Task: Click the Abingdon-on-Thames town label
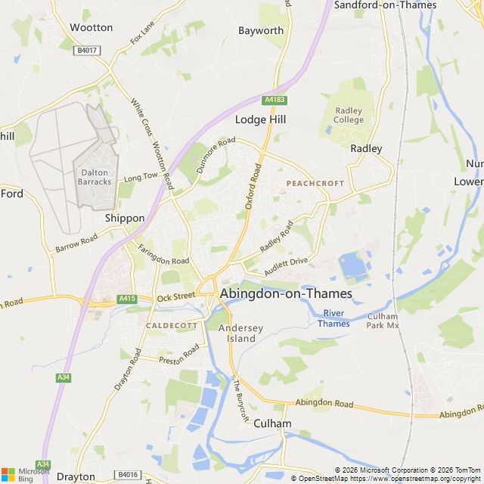[286, 294]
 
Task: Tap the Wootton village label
[91, 27]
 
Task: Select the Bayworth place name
[261, 31]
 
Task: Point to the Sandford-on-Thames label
[385, 5]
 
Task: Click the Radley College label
[349, 114]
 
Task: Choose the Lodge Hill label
[261, 119]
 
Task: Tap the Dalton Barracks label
[95, 177]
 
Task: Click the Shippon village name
[125, 218]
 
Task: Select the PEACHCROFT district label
[315, 184]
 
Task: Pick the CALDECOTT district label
[172, 325]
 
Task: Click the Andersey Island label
[237, 334]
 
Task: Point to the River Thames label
[333, 318]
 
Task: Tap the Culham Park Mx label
[383, 321]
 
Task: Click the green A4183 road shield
[274, 100]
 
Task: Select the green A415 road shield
[127, 299]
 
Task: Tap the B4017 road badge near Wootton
[86, 50]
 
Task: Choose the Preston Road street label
[178, 359]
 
